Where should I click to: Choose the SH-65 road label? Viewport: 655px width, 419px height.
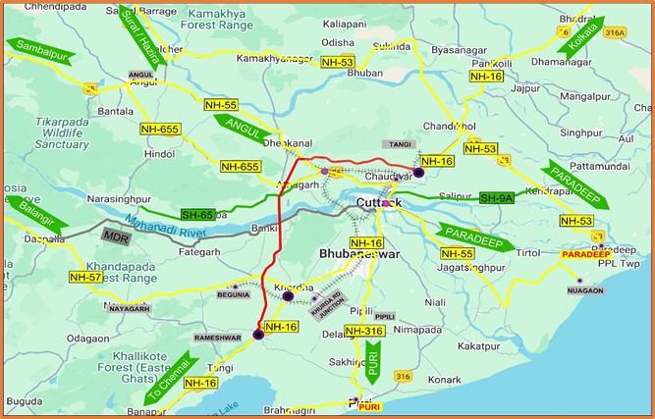[x=197, y=214]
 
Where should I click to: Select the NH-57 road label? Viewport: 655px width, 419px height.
[x=85, y=278]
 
